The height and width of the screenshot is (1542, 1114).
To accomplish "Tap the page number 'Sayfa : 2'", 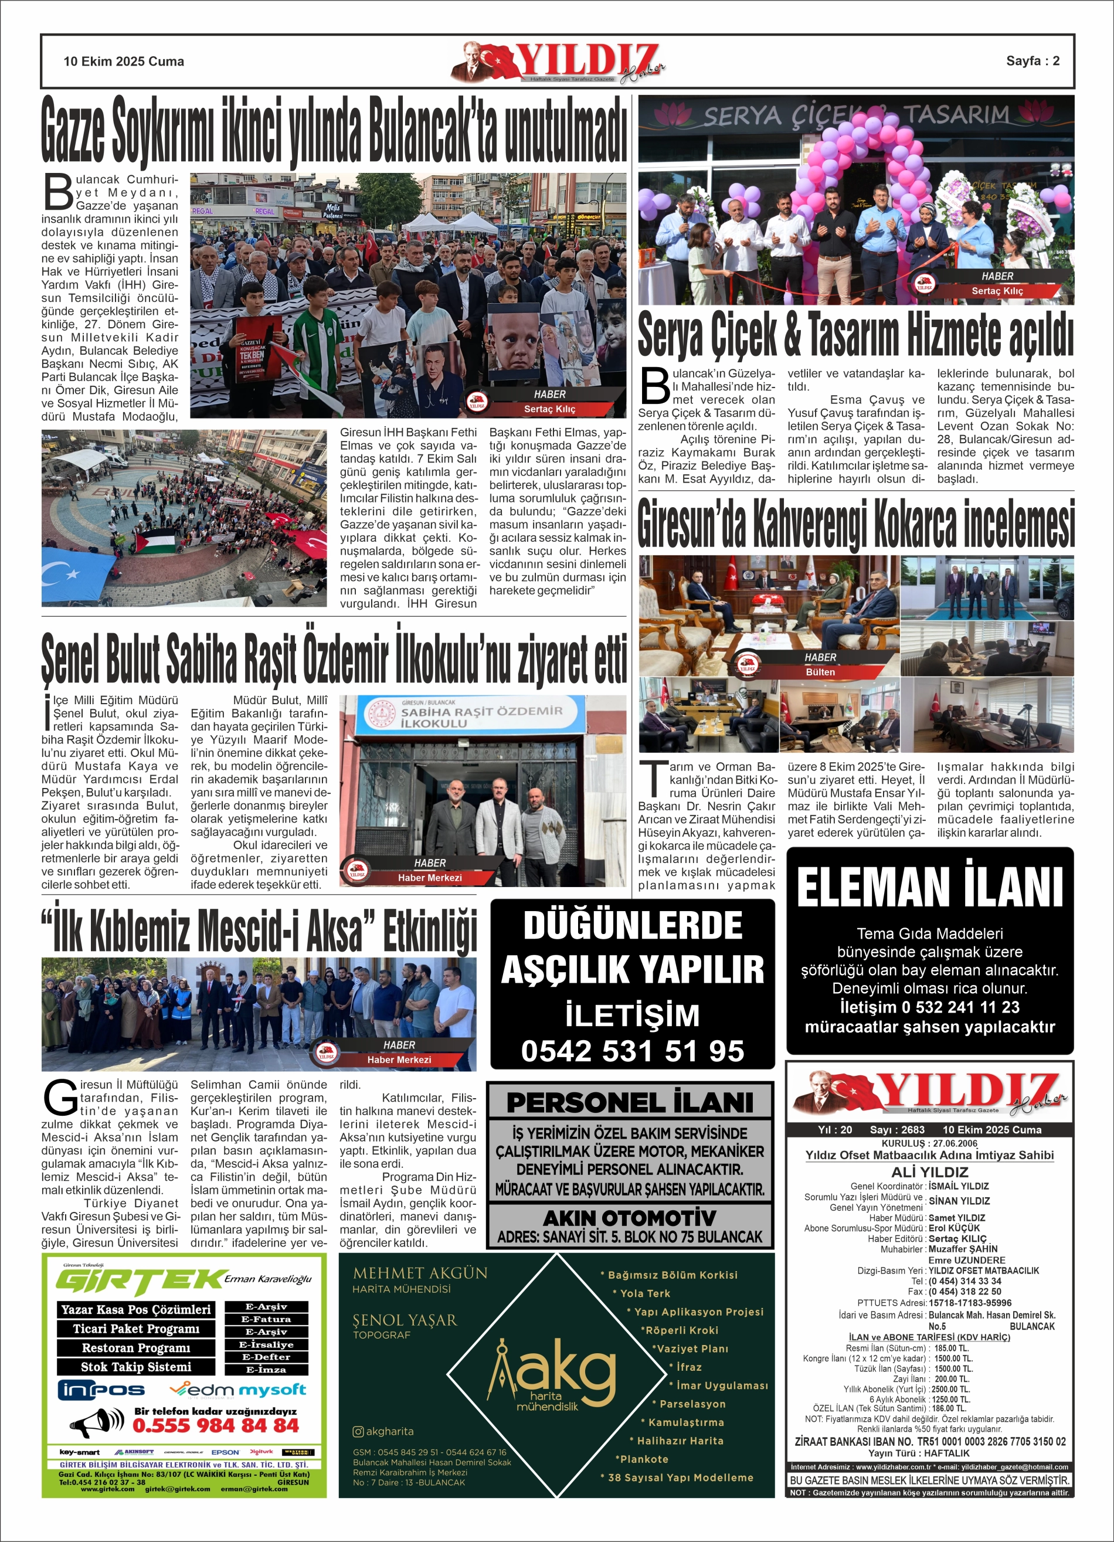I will point(1033,61).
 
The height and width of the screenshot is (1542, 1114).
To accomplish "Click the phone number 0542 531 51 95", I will point(633,1051).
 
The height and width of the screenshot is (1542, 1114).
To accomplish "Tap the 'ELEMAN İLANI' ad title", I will point(930,888).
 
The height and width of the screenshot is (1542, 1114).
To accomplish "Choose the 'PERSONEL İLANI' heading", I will point(630,1102).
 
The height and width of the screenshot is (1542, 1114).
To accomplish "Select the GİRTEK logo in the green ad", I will point(140,1282).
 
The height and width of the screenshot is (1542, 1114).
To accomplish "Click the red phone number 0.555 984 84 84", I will point(216,1425).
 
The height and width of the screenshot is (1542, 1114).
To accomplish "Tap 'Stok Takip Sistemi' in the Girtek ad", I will point(136,1367).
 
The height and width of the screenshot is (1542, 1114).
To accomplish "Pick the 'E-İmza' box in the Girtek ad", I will point(267,1369).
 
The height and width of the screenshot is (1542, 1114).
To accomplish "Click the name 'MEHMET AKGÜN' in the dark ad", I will point(420,1273).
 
